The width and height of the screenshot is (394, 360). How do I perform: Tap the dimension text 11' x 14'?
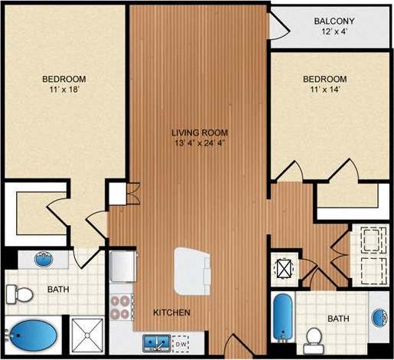(324, 90)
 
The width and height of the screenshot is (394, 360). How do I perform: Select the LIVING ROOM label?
(198, 132)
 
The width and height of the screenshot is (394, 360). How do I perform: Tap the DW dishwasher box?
(181, 343)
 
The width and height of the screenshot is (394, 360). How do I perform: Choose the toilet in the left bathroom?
(19, 293)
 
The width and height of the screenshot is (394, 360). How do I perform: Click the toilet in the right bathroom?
(313, 337)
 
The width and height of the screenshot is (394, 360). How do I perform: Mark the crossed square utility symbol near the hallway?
(284, 269)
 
